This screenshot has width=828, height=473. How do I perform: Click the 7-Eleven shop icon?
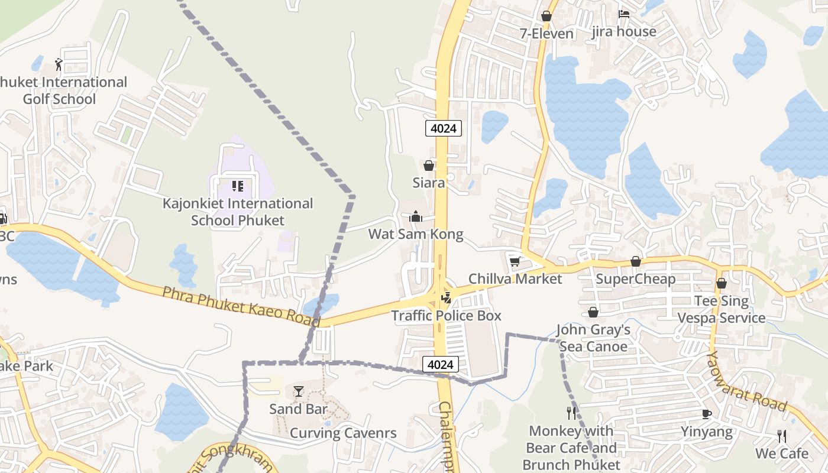(546, 16)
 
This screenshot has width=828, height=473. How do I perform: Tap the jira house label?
(624, 31)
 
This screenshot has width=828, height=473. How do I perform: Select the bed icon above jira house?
(624, 14)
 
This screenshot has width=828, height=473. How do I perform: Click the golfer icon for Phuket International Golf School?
(58, 64)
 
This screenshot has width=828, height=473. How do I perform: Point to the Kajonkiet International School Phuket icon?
(238, 186)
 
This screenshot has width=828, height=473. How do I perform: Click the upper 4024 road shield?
(443, 128)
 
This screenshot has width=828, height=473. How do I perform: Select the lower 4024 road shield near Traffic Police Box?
(441, 365)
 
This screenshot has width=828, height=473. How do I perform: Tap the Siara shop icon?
(429, 166)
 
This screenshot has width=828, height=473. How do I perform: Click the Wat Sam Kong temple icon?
(416, 216)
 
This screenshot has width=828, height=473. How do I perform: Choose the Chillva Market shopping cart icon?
(515, 261)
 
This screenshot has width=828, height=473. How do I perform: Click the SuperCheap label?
(635, 278)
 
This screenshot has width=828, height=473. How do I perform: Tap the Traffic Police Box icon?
(447, 297)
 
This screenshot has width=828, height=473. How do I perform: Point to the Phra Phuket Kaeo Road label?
(241, 306)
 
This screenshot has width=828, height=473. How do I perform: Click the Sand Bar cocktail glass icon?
(299, 391)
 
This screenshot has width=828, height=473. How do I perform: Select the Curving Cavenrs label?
(343, 433)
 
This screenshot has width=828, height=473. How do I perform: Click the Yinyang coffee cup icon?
(706, 413)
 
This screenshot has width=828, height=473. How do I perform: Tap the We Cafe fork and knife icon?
(782, 436)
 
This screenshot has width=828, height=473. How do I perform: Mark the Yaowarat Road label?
(748, 381)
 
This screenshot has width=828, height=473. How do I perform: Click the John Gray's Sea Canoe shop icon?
(593, 312)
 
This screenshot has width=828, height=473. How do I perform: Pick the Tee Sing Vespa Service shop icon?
(722, 283)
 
